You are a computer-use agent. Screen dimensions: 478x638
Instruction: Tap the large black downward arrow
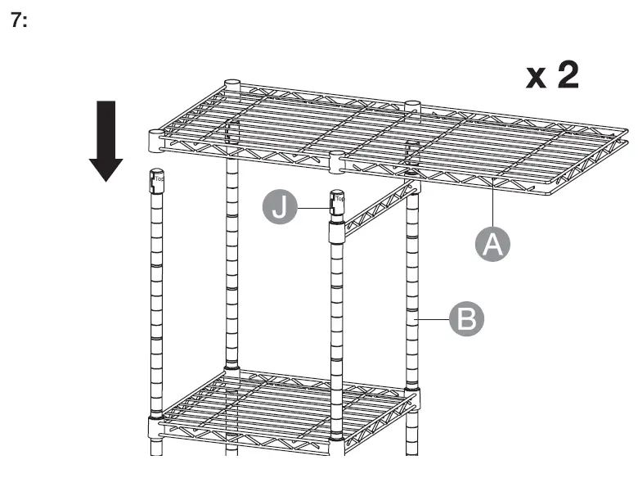pos(106,139)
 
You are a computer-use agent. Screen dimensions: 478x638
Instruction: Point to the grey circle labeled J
pos(281,206)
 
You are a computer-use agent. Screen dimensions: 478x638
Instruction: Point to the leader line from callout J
pos(312,209)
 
